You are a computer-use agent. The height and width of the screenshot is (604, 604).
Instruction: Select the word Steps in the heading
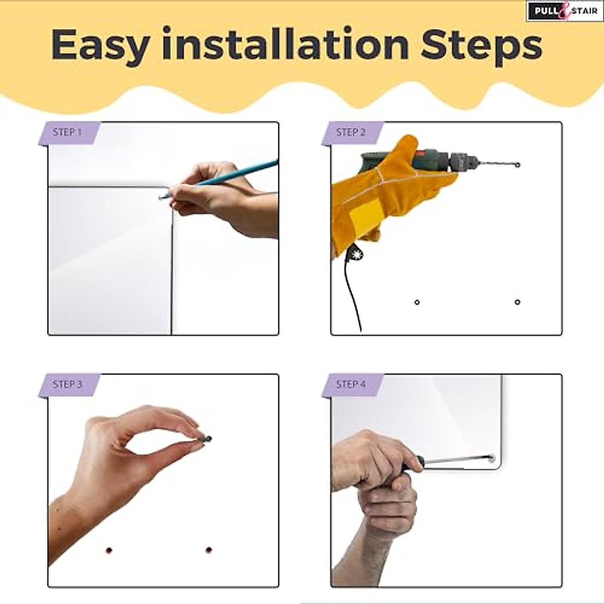(x=481, y=45)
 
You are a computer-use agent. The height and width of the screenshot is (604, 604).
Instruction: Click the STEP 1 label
(x=67, y=132)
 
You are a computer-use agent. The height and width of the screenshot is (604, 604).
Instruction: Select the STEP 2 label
(x=350, y=132)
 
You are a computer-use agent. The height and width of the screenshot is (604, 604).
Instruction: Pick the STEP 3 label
(x=67, y=385)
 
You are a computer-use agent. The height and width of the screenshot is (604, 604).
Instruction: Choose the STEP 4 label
(x=350, y=385)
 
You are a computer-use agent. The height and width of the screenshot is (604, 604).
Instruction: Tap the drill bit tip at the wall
(x=517, y=165)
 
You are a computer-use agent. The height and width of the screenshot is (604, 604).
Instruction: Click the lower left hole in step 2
(x=417, y=302)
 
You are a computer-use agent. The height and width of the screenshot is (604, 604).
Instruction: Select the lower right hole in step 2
(x=517, y=302)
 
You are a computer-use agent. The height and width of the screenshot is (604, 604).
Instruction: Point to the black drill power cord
(x=352, y=292)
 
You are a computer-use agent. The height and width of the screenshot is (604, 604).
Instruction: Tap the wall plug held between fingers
(x=205, y=439)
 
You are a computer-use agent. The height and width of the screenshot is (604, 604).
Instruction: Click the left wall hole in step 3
(x=109, y=550)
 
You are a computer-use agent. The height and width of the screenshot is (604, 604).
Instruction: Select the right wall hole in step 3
(x=209, y=550)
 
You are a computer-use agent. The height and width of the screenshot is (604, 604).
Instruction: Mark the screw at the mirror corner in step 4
(x=491, y=458)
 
